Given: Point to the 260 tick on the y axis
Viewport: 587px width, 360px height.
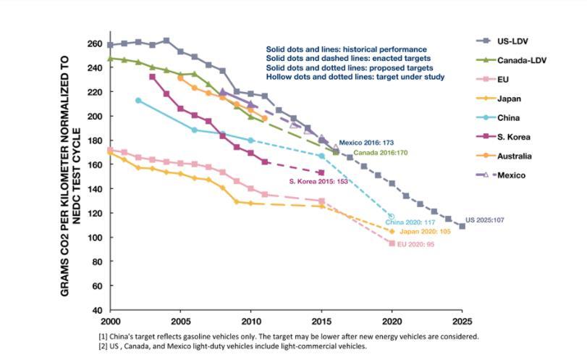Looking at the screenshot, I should (95, 43).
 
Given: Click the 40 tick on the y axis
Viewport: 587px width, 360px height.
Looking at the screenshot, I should (97, 310).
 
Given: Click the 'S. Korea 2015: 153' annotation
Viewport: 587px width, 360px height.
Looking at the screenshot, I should (319, 182).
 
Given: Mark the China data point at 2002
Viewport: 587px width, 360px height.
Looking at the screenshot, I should (138, 100).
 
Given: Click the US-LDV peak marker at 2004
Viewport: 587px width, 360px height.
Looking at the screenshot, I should (166, 41).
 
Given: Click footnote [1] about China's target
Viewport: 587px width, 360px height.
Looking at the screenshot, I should (288, 336).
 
